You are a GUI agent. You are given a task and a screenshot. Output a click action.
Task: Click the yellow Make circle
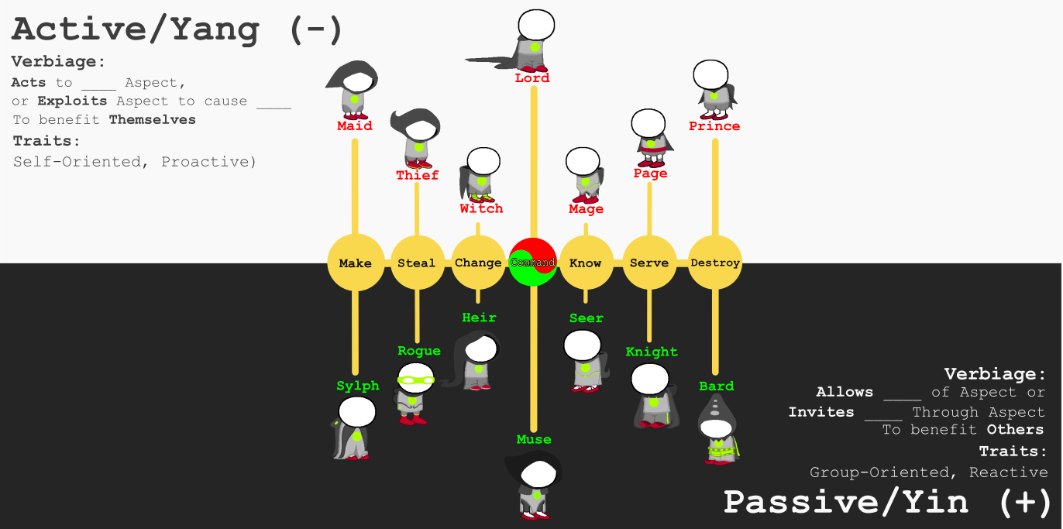(x=356, y=263)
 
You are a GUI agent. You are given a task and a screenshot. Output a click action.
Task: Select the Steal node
(x=417, y=263)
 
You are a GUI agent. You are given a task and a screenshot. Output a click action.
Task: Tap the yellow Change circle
(x=478, y=263)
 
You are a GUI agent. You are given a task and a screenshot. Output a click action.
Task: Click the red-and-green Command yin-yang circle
(x=533, y=263)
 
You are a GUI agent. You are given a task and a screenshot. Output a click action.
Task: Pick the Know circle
(x=586, y=263)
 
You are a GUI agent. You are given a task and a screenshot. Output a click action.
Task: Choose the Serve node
(x=649, y=263)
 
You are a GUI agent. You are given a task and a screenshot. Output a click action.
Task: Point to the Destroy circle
(x=715, y=263)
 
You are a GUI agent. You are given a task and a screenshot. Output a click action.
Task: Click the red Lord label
(x=532, y=78)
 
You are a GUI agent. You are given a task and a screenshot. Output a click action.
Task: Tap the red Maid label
(x=355, y=125)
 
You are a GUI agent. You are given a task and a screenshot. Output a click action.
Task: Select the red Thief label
(x=417, y=175)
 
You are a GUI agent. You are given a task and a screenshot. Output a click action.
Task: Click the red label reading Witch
(x=481, y=208)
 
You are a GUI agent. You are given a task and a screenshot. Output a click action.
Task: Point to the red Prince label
(x=714, y=126)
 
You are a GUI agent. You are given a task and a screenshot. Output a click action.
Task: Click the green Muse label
(x=534, y=439)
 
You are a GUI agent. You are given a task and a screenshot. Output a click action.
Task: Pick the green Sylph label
(x=358, y=386)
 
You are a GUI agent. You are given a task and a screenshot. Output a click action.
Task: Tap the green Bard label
(x=716, y=386)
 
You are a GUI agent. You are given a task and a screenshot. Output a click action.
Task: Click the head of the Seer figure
(x=582, y=345)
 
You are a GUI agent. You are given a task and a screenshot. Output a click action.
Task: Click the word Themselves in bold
(x=153, y=119)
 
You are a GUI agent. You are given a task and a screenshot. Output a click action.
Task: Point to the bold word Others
(x=1015, y=429)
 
